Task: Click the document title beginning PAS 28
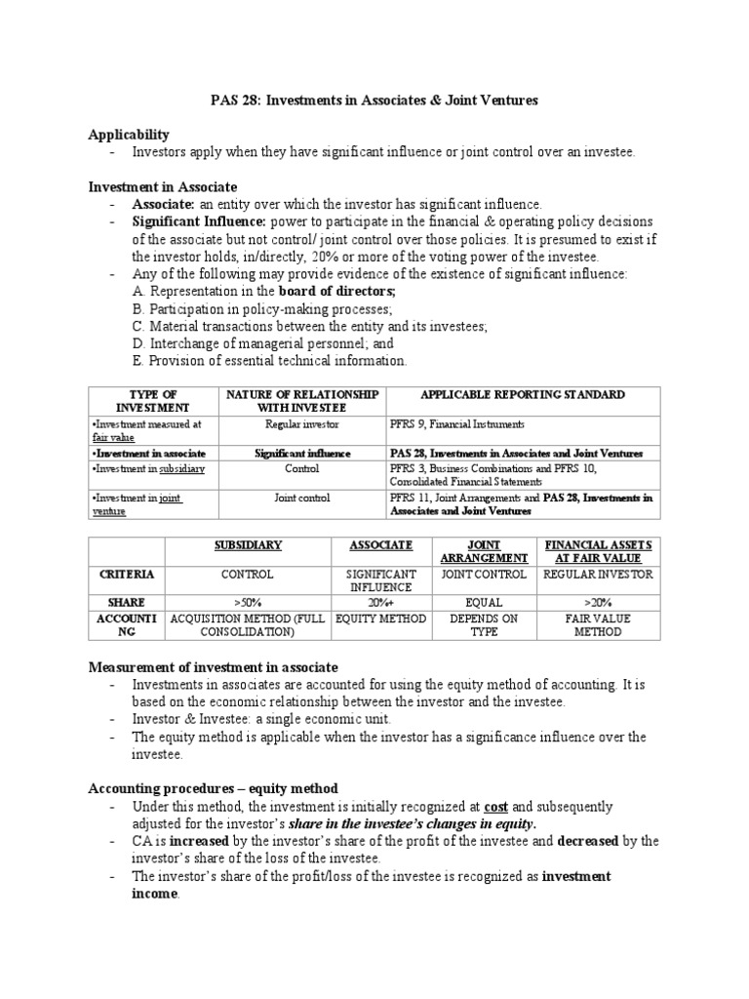(x=374, y=100)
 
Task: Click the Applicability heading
(x=129, y=135)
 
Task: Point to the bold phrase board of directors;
(x=337, y=292)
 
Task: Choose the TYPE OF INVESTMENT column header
(x=152, y=400)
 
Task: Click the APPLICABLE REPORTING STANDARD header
(x=522, y=394)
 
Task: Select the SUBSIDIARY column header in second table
(x=247, y=545)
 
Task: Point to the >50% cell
(x=247, y=603)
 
